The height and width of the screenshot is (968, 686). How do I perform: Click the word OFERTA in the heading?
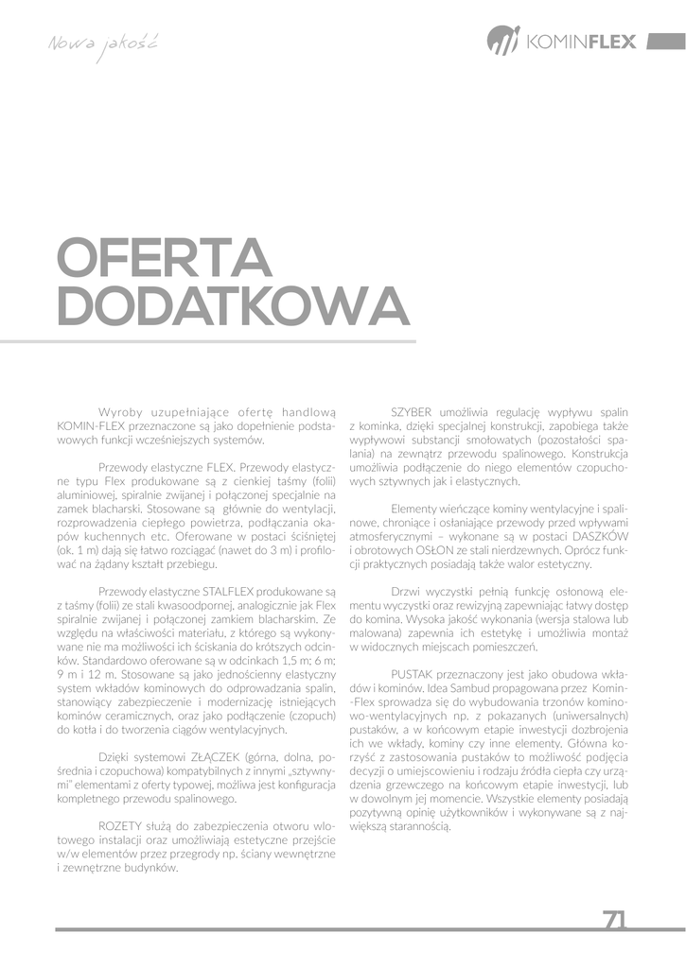[165, 259]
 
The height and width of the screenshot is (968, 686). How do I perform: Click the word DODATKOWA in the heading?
[233, 304]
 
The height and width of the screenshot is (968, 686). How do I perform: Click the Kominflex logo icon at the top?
[503, 41]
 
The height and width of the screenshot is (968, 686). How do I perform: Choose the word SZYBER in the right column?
[412, 412]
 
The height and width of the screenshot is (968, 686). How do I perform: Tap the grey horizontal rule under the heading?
[236, 341]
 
